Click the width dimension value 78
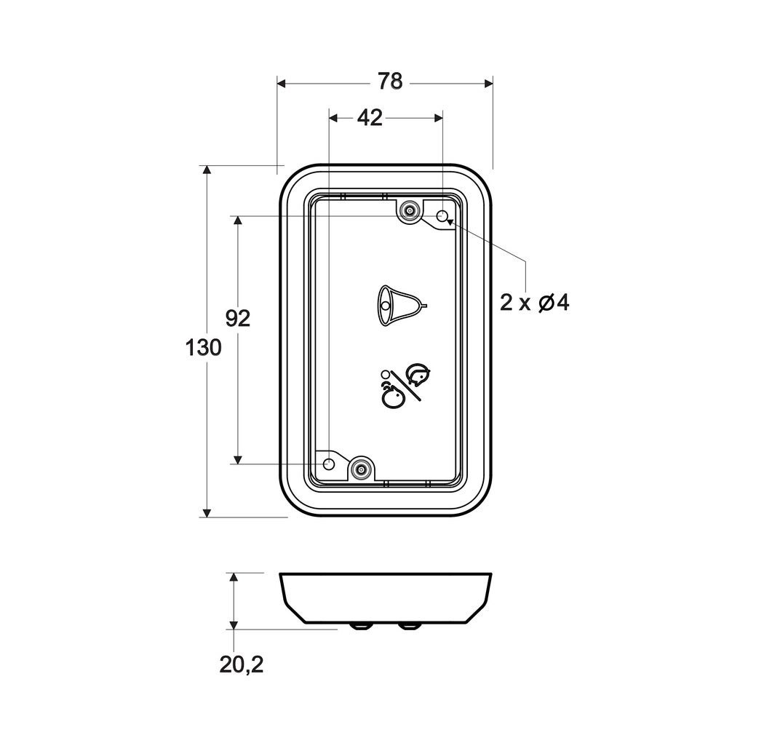(x=390, y=82)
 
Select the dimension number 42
(x=370, y=118)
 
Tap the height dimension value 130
(x=203, y=348)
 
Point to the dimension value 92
(x=237, y=318)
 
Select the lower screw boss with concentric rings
(x=360, y=469)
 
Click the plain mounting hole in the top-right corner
(x=442, y=215)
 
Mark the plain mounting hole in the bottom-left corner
(x=329, y=464)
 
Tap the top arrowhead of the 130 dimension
(x=207, y=170)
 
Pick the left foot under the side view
(x=360, y=625)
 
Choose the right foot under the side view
(x=409, y=625)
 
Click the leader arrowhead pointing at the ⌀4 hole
(x=449, y=219)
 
